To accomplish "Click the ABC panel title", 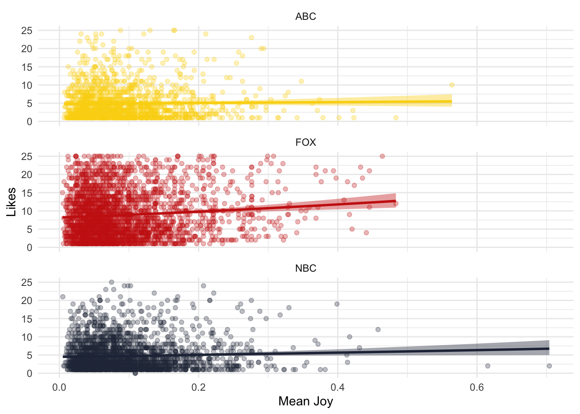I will (x=306, y=16).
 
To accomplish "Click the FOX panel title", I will (x=306, y=142).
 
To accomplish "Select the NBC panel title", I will (x=306, y=268).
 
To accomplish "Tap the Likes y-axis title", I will (x=11, y=202).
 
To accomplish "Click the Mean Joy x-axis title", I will (x=306, y=401).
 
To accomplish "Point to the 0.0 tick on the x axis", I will (x=59, y=387).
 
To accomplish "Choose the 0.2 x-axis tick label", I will (x=199, y=387).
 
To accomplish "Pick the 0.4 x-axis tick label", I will (x=337, y=387).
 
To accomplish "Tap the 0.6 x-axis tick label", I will (x=477, y=387).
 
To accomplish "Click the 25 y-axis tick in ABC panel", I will (x=27, y=31).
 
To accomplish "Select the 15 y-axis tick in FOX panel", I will (x=27, y=193).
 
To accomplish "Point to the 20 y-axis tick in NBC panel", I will (x=27, y=301).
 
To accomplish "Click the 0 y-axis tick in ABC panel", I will (x=29, y=122).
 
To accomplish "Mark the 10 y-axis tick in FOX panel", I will (x=27, y=211).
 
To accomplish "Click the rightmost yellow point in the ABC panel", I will (x=452, y=85).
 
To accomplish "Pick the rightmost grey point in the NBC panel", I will (x=549, y=366).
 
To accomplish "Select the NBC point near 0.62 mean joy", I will (x=488, y=366).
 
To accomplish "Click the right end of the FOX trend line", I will (x=396, y=201).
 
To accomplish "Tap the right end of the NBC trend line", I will (x=549, y=348).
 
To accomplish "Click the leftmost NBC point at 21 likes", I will (x=63, y=297).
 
